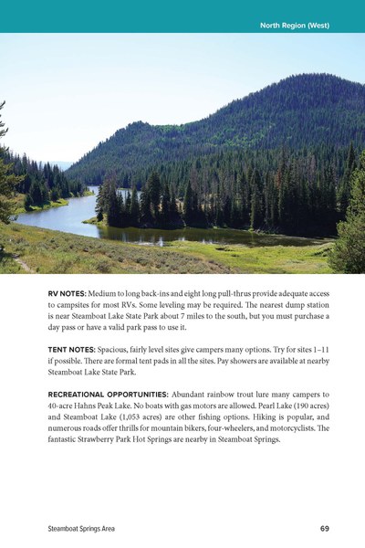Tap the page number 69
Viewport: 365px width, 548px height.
click(x=326, y=528)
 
